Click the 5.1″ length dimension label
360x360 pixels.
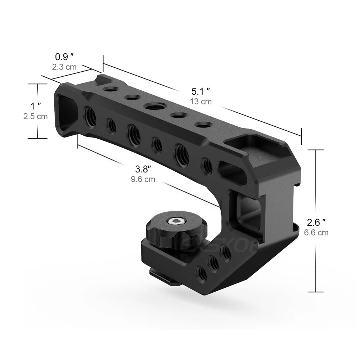201,91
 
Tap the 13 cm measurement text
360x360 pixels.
201,102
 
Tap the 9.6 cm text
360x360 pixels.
143,179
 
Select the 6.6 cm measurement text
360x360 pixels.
316,232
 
